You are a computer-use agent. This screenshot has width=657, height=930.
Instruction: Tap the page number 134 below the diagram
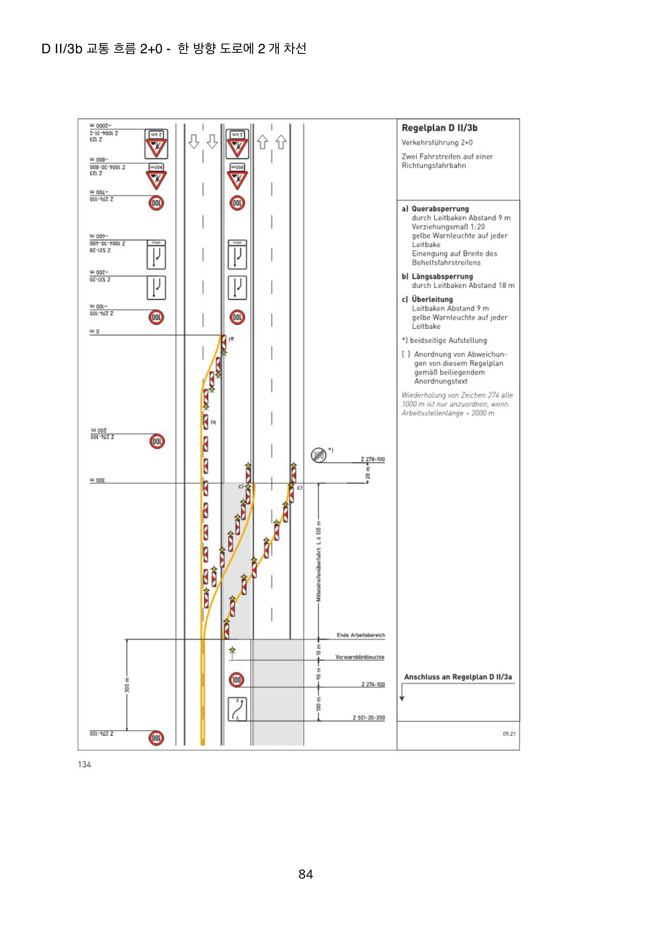click(84, 764)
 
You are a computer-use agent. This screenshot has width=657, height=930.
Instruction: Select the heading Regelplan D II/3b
click(439, 128)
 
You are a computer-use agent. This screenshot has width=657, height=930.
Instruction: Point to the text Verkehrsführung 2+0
click(437, 143)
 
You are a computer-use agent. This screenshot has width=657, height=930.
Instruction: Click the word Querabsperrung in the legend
click(440, 209)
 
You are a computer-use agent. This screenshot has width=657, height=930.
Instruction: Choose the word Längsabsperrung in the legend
click(442, 276)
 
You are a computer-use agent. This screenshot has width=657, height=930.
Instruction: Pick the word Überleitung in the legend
click(432, 299)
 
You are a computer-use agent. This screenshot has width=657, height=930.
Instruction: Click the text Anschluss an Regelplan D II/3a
click(458, 677)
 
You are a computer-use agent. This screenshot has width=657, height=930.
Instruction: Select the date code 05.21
click(509, 734)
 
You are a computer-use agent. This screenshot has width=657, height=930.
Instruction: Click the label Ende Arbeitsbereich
click(361, 635)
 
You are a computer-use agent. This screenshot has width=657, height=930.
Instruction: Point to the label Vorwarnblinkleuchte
click(359, 657)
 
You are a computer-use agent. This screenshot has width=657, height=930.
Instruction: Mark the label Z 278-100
click(373, 459)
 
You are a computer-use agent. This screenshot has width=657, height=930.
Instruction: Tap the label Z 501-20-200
click(369, 718)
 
